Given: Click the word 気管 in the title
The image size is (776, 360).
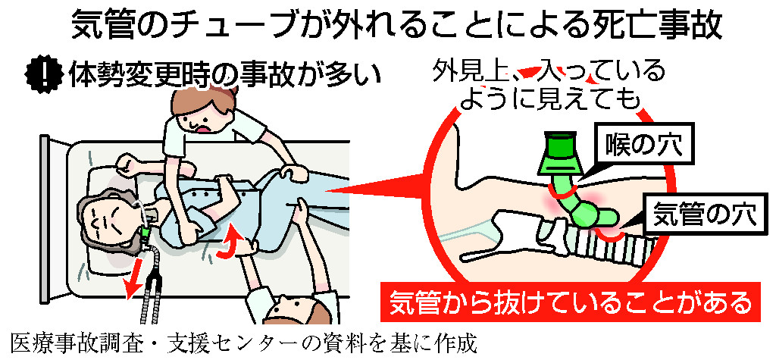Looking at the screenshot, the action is (102, 28).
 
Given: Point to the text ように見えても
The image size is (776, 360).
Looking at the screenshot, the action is (549, 101).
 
